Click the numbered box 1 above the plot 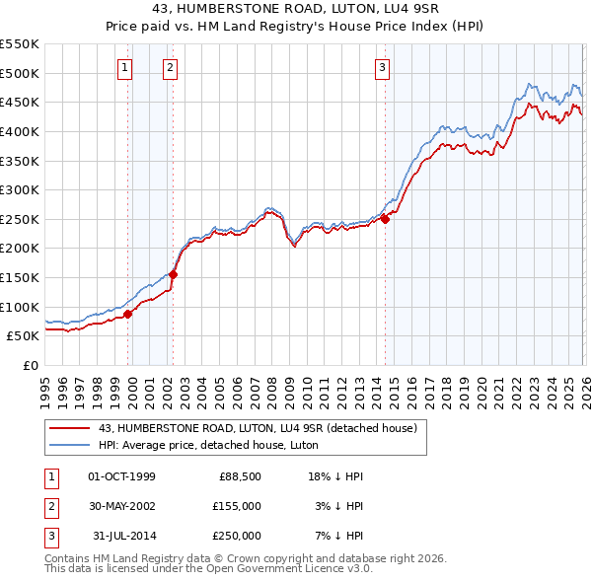[126, 68]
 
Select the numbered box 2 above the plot [170, 68]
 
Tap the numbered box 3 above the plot [382, 68]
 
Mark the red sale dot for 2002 [174, 274]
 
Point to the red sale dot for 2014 [386, 219]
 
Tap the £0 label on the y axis [30, 365]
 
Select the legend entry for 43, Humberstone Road [259, 428]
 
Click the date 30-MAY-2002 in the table [121, 505]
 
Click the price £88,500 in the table [240, 475]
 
